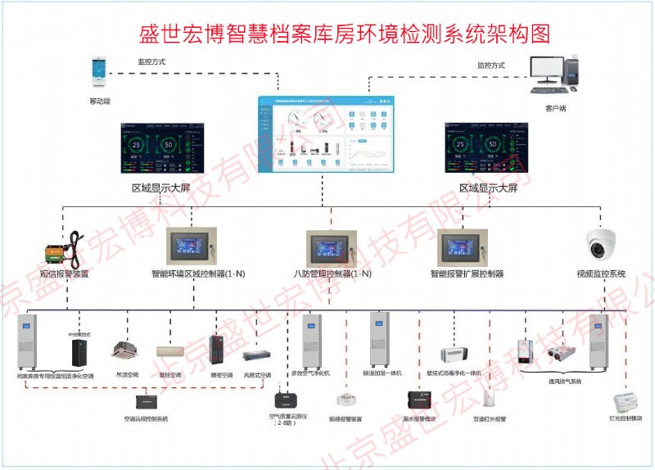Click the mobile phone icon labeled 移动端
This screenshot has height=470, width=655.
click(x=99, y=73)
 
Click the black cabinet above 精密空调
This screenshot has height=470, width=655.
click(x=217, y=347)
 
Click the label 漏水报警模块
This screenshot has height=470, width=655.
click(x=420, y=418)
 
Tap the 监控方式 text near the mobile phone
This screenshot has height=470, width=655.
click(x=152, y=61)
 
